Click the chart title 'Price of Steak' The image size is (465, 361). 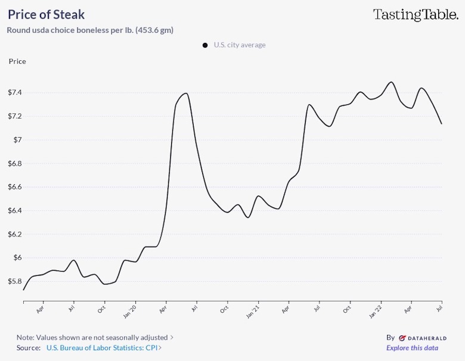pyautogui.click(x=46, y=14)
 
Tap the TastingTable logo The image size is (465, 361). pyautogui.click(x=416, y=14)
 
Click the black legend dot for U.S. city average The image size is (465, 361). pyautogui.click(x=205, y=45)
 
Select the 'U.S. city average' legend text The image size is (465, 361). pyautogui.click(x=240, y=45)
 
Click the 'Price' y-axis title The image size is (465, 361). pyautogui.click(x=17, y=61)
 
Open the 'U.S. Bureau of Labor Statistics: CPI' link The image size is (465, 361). pyautogui.click(x=103, y=348)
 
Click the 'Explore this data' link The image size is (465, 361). pyautogui.click(x=412, y=348)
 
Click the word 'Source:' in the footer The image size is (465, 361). pyautogui.click(x=29, y=348)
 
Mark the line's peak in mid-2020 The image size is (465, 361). pyautogui.click(x=186, y=93)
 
